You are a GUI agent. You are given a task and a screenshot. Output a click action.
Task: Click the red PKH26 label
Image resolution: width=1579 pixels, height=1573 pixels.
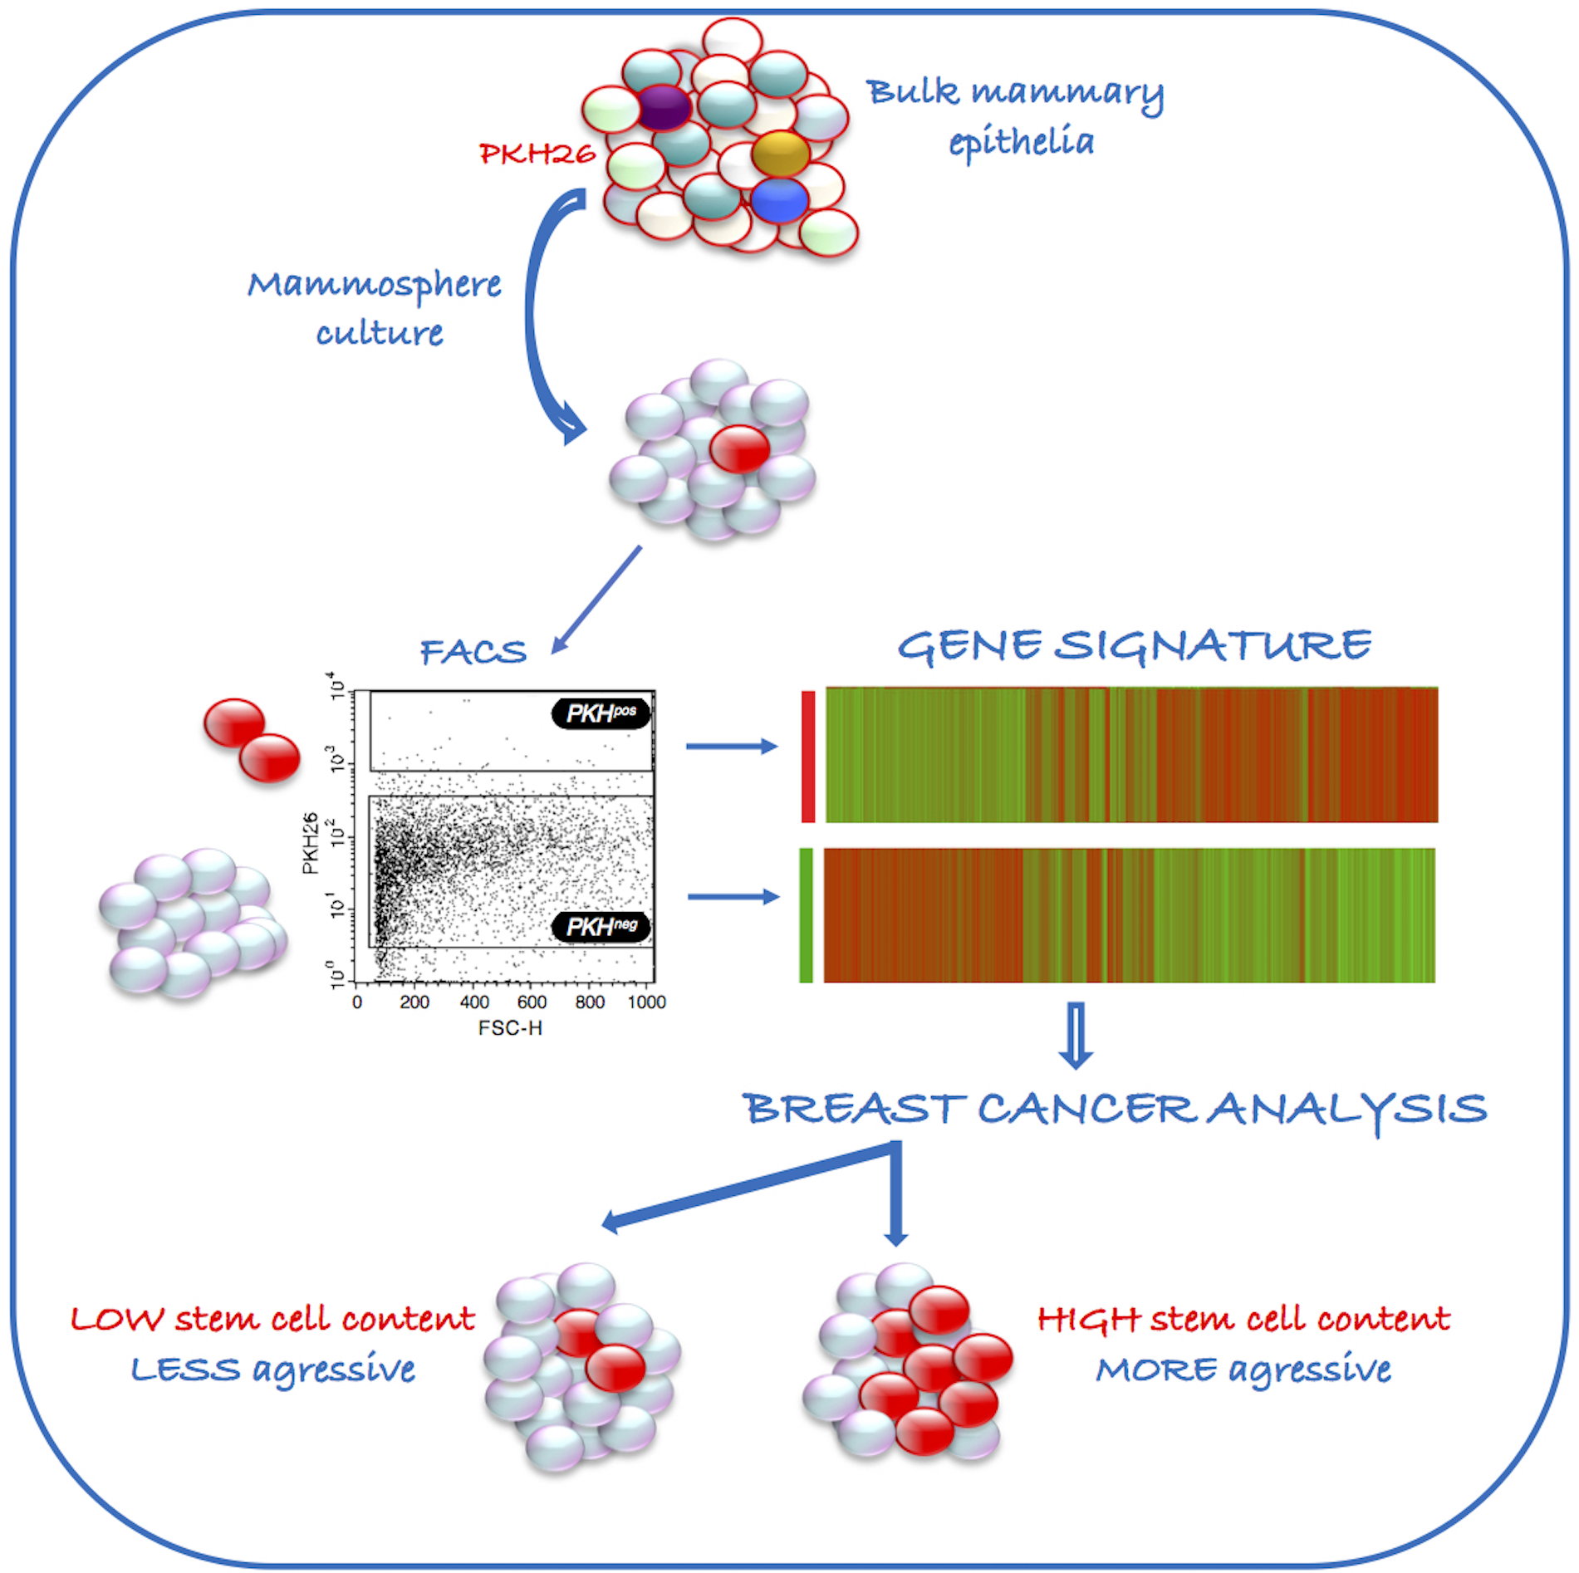click(537, 154)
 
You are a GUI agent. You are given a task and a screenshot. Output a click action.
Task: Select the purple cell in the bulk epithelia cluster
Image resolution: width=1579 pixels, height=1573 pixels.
click(664, 107)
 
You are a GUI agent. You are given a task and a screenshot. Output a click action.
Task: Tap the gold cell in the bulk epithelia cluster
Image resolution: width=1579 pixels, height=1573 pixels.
click(780, 153)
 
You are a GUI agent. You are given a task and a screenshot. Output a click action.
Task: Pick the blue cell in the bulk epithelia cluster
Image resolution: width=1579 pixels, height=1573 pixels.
click(780, 200)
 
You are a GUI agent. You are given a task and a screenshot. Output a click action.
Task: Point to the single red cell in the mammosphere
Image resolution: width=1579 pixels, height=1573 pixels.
click(740, 448)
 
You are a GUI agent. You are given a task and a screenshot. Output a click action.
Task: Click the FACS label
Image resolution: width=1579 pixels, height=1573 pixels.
click(473, 652)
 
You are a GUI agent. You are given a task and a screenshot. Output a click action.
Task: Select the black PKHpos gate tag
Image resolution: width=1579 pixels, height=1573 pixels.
click(601, 713)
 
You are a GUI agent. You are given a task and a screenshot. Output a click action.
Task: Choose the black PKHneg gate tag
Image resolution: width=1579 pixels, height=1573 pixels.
click(601, 927)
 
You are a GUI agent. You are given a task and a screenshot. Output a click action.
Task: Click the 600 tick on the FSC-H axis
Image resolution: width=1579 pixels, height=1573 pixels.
click(532, 1002)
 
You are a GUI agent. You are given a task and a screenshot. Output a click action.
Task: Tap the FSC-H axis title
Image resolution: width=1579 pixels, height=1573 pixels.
click(510, 1028)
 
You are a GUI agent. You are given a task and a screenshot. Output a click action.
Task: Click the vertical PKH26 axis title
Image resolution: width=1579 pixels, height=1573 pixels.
click(310, 843)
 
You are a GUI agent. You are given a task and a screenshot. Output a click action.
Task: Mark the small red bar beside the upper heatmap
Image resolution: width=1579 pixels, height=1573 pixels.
click(808, 757)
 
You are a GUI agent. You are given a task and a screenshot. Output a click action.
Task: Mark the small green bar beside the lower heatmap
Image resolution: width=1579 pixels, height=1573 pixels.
click(806, 915)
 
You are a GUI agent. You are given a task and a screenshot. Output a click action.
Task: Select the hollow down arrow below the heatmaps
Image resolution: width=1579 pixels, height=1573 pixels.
click(1076, 1036)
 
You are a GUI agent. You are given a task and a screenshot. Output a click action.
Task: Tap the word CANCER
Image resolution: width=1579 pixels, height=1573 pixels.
click(1087, 1109)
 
